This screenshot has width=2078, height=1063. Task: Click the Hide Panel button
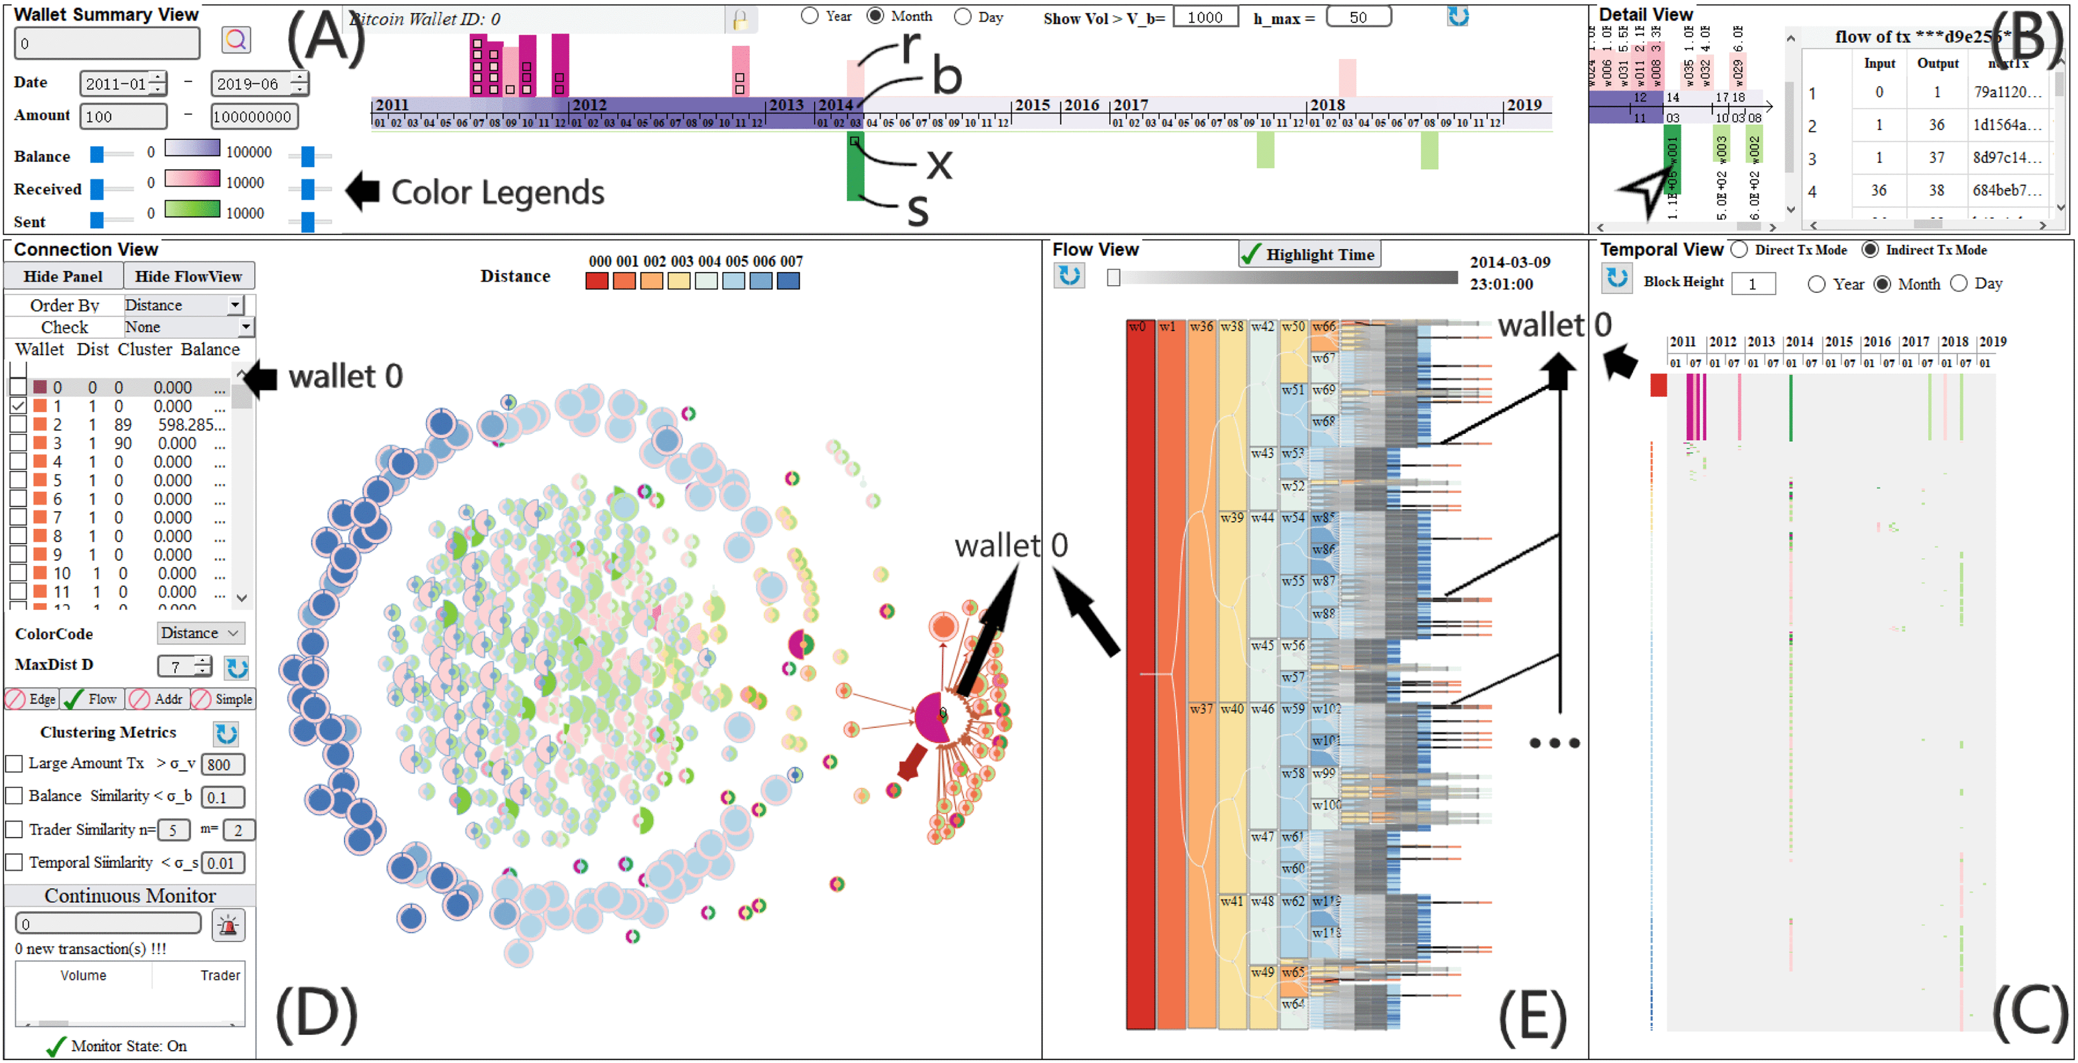pos(63,276)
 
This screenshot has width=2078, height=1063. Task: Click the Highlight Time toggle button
pos(1309,254)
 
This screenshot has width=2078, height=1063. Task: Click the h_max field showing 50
pos(1358,17)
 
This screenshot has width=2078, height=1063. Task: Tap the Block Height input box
pos(1752,283)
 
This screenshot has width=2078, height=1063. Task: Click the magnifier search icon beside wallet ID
pos(236,39)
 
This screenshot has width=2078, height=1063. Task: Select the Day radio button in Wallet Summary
pos(962,17)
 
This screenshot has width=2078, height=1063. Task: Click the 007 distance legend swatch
pos(788,280)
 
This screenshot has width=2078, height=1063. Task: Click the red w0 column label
pos(1138,327)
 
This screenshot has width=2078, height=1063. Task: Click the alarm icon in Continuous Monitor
pos(228,925)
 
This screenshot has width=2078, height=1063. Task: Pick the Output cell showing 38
pos(1937,190)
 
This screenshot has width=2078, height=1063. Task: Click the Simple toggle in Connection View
pos(224,698)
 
